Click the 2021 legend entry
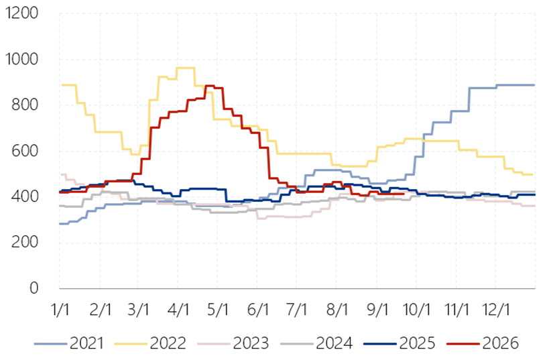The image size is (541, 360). [69, 343]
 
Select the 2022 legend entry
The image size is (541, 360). [150, 343]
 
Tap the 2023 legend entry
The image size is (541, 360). [233, 343]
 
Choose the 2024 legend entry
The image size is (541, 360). [316, 343]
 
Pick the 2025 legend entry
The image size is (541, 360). [400, 343]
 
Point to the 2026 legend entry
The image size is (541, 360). [483, 343]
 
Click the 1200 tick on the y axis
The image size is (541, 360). [21, 13]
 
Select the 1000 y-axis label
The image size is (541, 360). [21, 60]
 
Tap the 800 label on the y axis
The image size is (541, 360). [25, 105]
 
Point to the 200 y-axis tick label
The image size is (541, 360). [25, 242]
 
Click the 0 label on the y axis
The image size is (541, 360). [34, 288]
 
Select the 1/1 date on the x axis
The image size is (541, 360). [60, 310]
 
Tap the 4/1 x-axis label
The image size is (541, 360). [178, 310]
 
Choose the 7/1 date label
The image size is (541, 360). [296, 310]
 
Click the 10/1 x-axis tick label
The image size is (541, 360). [417, 310]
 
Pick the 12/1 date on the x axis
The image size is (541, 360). [496, 310]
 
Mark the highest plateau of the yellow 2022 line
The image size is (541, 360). [186, 68]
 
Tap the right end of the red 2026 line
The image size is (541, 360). [404, 194]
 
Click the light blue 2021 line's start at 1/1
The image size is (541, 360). [60, 224]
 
